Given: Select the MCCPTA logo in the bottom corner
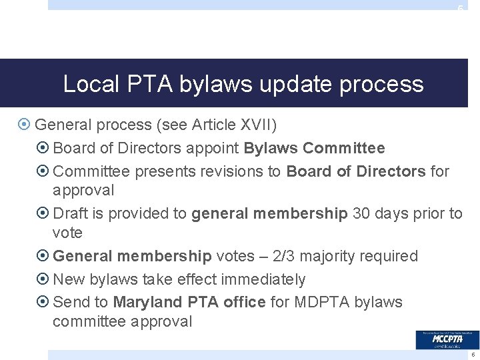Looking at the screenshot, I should (447, 340).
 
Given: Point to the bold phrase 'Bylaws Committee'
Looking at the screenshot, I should (315, 148).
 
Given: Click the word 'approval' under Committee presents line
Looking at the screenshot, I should (83, 191).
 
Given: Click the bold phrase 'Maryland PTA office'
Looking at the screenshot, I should (189, 302).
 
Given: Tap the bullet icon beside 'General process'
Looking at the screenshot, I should (25, 125).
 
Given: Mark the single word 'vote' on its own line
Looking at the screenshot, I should (67, 233).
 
